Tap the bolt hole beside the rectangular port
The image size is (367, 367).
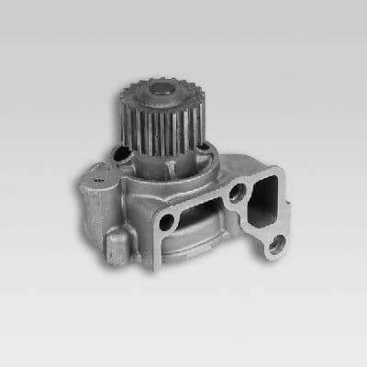click(237, 194)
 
